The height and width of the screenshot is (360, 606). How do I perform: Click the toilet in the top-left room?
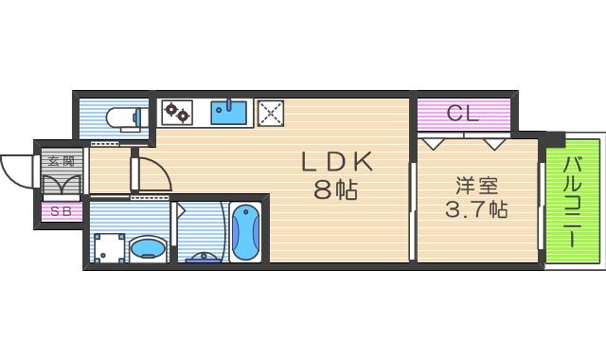tap(123, 117)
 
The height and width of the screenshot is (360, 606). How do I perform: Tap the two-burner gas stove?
tap(177, 112)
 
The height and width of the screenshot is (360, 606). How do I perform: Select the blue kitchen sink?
tap(228, 112)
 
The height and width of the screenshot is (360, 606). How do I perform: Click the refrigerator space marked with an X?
tap(272, 113)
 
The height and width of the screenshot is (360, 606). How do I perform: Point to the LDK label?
tap(337, 162)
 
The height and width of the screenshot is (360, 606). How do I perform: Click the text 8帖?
tap(336, 189)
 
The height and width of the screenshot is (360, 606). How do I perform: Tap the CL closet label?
tap(463, 114)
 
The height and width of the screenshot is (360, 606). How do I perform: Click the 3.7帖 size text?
tap(475, 208)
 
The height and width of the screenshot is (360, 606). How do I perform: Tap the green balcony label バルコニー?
tap(573, 201)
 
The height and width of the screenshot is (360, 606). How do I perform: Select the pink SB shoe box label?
tap(60, 211)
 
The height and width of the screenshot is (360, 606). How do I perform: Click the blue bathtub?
tap(244, 232)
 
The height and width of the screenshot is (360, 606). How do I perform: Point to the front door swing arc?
tap(16, 171)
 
